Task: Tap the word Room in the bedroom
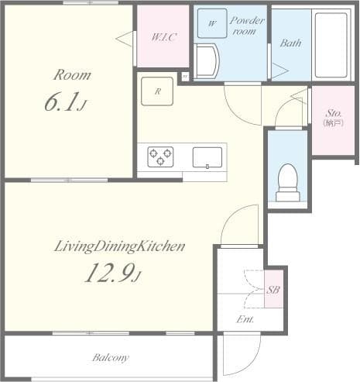click(71, 75)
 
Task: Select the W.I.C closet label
click(163, 36)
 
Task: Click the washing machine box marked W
click(212, 23)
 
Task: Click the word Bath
click(290, 43)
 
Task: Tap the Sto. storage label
click(334, 116)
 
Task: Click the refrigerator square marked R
click(157, 91)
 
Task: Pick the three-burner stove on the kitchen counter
click(160, 157)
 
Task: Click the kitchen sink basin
click(207, 157)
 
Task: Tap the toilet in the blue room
click(288, 181)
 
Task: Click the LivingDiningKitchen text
click(119, 247)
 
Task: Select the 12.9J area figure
click(113, 274)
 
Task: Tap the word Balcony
click(110, 357)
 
